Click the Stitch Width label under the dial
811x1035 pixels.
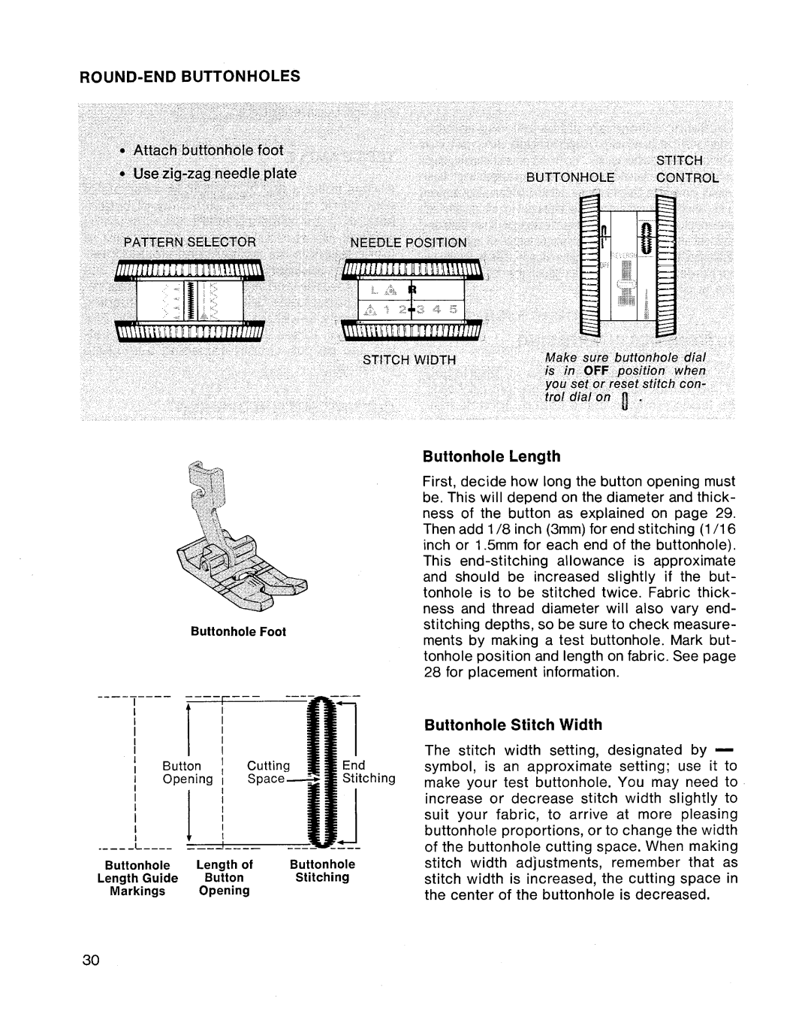[x=409, y=360]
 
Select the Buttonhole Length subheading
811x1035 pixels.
[x=492, y=456]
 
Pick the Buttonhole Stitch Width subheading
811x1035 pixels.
[x=513, y=725]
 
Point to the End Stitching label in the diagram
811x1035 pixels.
[x=368, y=772]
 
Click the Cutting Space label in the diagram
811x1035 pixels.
[x=268, y=772]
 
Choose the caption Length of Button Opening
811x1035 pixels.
[x=224, y=877]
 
